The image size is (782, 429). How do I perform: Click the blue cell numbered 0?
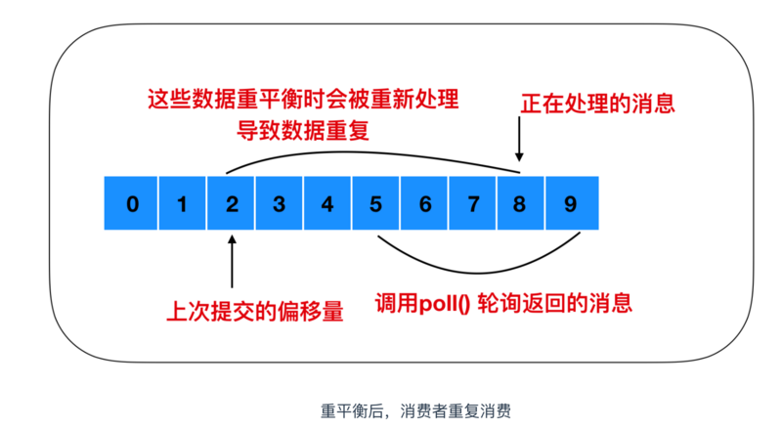[132, 204]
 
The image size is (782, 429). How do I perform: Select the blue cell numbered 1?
[181, 204]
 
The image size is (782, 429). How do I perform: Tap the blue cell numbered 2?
[231, 204]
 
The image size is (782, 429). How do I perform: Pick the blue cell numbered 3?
[279, 204]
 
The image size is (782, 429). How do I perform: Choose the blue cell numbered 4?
[327, 204]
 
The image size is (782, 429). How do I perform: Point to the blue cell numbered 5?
[376, 204]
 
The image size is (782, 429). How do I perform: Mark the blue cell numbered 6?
[424, 204]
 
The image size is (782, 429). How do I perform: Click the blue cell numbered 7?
[473, 204]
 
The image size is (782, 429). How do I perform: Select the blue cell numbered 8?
[521, 204]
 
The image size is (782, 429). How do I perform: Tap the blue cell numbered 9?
[570, 204]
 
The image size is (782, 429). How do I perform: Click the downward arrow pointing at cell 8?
[520, 147]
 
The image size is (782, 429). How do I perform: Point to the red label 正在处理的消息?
[597, 102]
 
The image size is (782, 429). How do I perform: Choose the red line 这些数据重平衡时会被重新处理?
[303, 100]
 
